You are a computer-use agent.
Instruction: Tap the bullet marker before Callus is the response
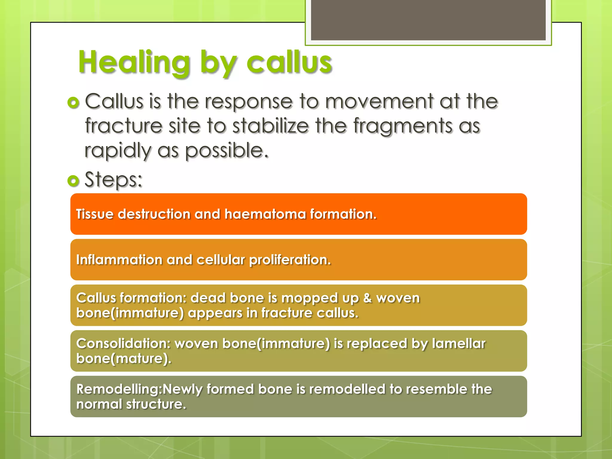click(x=74, y=102)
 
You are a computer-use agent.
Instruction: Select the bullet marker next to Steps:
click(x=74, y=180)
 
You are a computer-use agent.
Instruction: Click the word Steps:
click(x=114, y=180)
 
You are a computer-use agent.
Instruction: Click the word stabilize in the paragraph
click(x=270, y=126)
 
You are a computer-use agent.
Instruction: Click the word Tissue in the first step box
click(x=95, y=214)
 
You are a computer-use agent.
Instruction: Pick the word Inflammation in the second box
click(x=119, y=260)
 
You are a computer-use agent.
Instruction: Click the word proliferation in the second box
click(x=290, y=260)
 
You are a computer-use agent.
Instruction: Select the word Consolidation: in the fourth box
click(x=123, y=344)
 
